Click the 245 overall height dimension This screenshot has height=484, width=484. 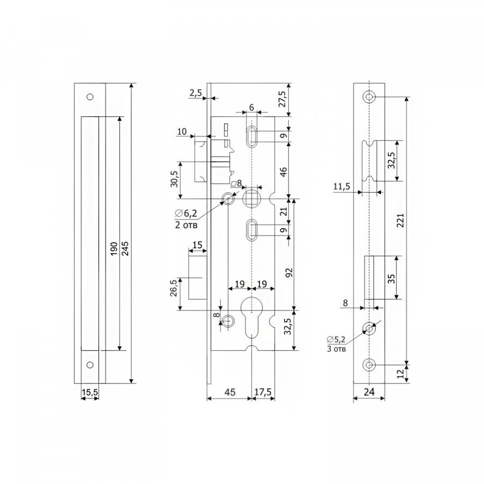point(125,248)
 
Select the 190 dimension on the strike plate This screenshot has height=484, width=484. point(114,248)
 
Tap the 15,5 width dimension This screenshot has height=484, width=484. point(90,393)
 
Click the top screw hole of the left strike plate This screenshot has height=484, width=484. point(90,97)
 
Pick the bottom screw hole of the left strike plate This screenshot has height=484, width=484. point(90,365)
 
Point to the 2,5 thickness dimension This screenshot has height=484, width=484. point(195,92)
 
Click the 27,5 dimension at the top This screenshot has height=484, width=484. point(283,99)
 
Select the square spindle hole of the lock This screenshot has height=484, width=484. point(252,198)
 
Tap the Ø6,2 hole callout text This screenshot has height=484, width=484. point(186,213)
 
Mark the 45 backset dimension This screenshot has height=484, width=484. point(230,392)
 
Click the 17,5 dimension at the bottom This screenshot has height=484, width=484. point(263,392)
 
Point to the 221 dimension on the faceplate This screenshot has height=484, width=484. point(400,220)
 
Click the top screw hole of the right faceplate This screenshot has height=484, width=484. point(369,97)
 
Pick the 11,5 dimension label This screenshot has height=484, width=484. point(341,187)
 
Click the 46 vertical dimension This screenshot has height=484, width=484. point(283,172)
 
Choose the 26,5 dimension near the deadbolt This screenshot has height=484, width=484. point(174,288)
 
